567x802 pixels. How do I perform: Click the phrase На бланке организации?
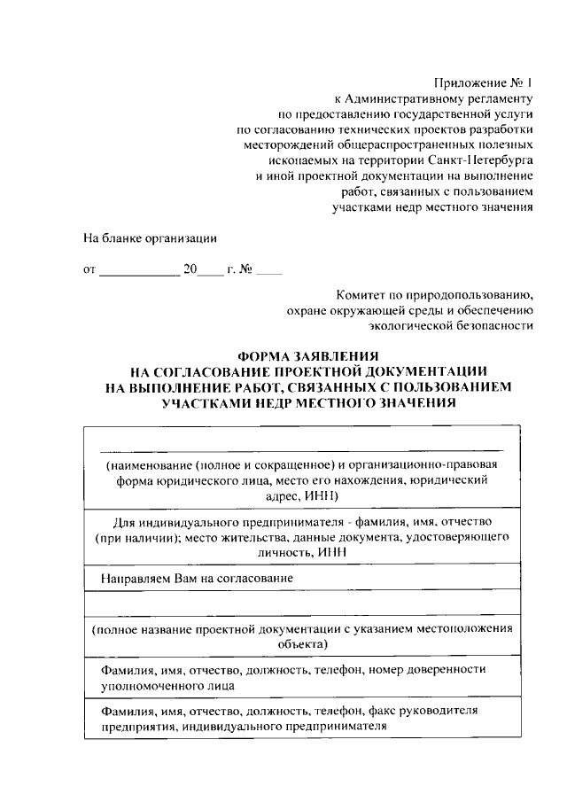click(x=150, y=238)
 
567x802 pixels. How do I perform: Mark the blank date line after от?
click(x=139, y=270)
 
